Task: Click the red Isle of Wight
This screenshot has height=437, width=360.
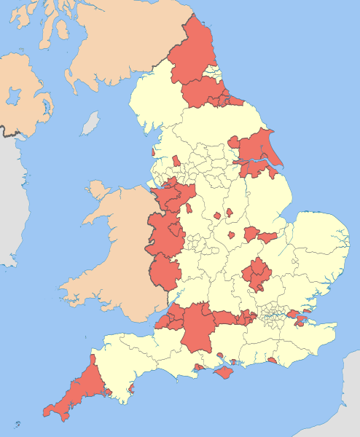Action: (x=225, y=372)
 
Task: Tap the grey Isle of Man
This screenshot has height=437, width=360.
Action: (x=90, y=124)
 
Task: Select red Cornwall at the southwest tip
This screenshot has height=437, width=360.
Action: (x=77, y=390)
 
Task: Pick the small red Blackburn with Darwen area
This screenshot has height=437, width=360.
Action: (x=176, y=160)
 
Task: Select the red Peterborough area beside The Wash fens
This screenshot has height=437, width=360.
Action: (x=265, y=237)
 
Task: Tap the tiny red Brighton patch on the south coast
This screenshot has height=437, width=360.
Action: (x=272, y=360)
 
